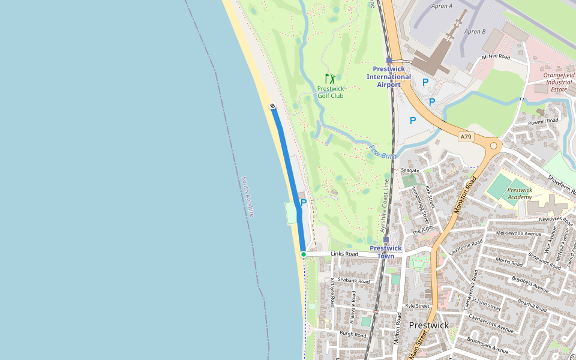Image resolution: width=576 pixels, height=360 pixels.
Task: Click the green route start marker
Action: pyautogui.click(x=304, y=254)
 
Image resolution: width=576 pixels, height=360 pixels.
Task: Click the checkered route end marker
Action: pyautogui.click(x=272, y=106)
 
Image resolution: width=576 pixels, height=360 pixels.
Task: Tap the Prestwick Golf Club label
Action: pyautogui.click(x=331, y=92)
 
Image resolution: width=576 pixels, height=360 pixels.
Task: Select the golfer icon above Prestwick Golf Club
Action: pyautogui.click(x=330, y=79)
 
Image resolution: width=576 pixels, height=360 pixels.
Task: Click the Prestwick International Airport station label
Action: pyautogui.click(x=389, y=77)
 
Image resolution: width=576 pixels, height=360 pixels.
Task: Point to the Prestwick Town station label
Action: pyautogui.click(x=386, y=252)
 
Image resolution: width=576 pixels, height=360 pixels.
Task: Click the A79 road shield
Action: pyautogui.click(x=466, y=137)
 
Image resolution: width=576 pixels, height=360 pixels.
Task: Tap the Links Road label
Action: pyautogui.click(x=344, y=254)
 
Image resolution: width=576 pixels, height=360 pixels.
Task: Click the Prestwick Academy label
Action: pyautogui.click(x=520, y=193)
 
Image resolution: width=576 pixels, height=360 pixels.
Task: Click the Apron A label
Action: pyautogui.click(x=442, y=6)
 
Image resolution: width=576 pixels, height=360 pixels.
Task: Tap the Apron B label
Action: pyautogui.click(x=475, y=31)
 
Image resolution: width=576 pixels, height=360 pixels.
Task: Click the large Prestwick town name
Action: pyautogui.click(x=428, y=325)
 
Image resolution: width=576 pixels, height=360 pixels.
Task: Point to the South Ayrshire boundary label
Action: pyautogui.click(x=248, y=197)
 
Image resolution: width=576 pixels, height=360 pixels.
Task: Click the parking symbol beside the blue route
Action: pyautogui.click(x=304, y=203)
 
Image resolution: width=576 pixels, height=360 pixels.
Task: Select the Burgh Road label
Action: pyautogui.click(x=353, y=334)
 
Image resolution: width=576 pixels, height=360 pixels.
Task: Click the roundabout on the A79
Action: pyautogui.click(x=494, y=145)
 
